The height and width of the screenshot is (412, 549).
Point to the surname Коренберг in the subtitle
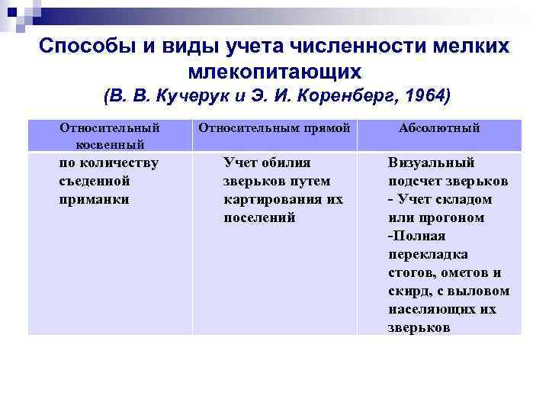coord(339,97)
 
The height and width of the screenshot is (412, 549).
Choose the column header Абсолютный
coord(439,128)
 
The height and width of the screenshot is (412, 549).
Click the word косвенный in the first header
coord(109,144)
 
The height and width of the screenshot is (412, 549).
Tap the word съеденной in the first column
coord(94,181)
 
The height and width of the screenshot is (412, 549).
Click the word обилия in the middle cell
coord(287,163)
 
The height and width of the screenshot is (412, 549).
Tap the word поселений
coord(259,217)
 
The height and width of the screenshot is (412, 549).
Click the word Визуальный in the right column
coord(431,163)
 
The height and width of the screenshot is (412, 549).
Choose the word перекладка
coord(428,254)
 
